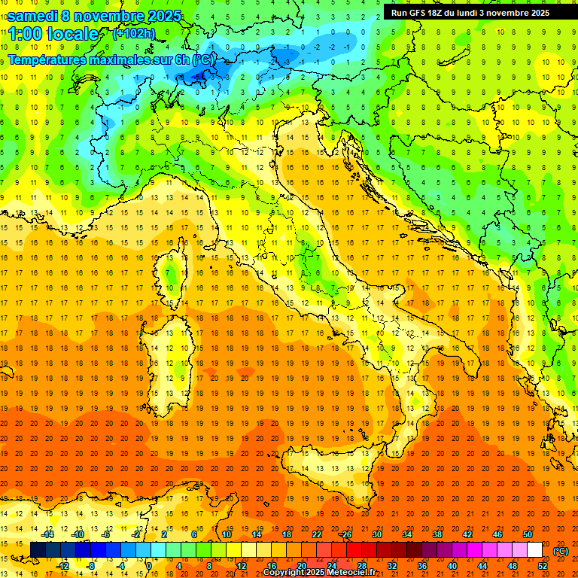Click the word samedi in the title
click(33, 16)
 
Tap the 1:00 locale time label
click(53, 34)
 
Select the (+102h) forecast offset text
click(133, 34)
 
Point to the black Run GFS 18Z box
click(470, 12)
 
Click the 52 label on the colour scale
click(543, 566)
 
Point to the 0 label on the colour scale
click(149, 566)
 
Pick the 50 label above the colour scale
click(527, 534)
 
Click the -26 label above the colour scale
click(345, 534)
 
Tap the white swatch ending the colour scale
click(534, 550)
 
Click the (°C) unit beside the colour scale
click(560, 551)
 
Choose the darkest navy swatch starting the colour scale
click(38, 550)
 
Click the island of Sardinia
click(169, 350)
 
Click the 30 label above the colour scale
click(376, 534)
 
